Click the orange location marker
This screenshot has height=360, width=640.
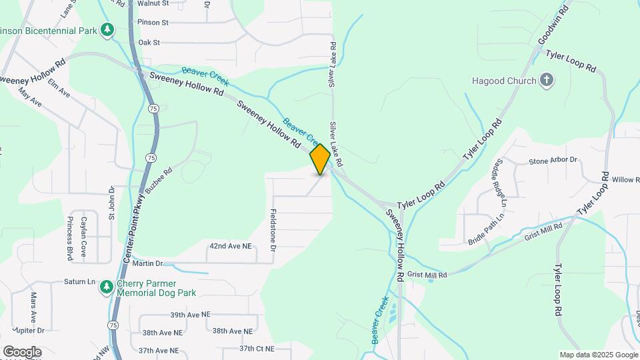pos(320,159)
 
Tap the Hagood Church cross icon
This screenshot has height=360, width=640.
pos(547,81)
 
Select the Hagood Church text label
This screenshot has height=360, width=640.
pos(504,81)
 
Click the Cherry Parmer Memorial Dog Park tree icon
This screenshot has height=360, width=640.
pos(106,287)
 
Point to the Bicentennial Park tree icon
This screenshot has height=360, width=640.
pos(107,30)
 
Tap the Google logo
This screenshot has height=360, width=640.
pos(22,352)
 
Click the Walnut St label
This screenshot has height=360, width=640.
pos(153,3)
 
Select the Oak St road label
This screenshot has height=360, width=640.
pos(149,43)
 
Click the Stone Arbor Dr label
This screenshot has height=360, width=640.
pos(553,161)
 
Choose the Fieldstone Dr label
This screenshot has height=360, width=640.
pos(273,229)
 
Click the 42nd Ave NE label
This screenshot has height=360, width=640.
pos(231,246)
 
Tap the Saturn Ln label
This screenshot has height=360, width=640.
pos(80,282)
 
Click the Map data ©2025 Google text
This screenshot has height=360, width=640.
pos(599,355)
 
